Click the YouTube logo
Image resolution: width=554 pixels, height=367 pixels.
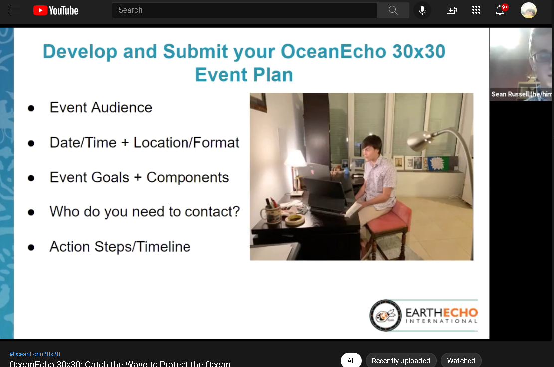[56, 10]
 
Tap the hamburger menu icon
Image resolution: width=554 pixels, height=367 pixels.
[15, 10]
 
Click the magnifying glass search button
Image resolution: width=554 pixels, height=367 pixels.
[393, 10]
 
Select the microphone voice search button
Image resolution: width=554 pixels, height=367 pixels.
[422, 10]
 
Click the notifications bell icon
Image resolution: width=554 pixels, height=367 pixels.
[500, 10]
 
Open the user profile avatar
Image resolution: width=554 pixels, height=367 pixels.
[528, 10]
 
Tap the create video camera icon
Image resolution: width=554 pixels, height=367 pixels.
[452, 10]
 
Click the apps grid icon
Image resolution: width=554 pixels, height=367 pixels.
[476, 10]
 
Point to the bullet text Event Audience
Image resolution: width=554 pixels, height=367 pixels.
[101, 107]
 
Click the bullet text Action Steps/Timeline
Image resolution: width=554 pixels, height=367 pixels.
[120, 246]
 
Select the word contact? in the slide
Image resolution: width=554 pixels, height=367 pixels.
[212, 212]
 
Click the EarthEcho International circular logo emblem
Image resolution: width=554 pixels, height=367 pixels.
[385, 315]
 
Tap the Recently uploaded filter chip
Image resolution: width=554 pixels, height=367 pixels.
[401, 361]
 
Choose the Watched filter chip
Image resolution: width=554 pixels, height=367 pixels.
[461, 361]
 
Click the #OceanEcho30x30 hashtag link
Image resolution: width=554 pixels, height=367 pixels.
[35, 354]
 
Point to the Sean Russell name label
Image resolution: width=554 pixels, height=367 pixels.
[521, 94]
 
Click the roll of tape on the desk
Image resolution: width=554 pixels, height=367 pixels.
[295, 220]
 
